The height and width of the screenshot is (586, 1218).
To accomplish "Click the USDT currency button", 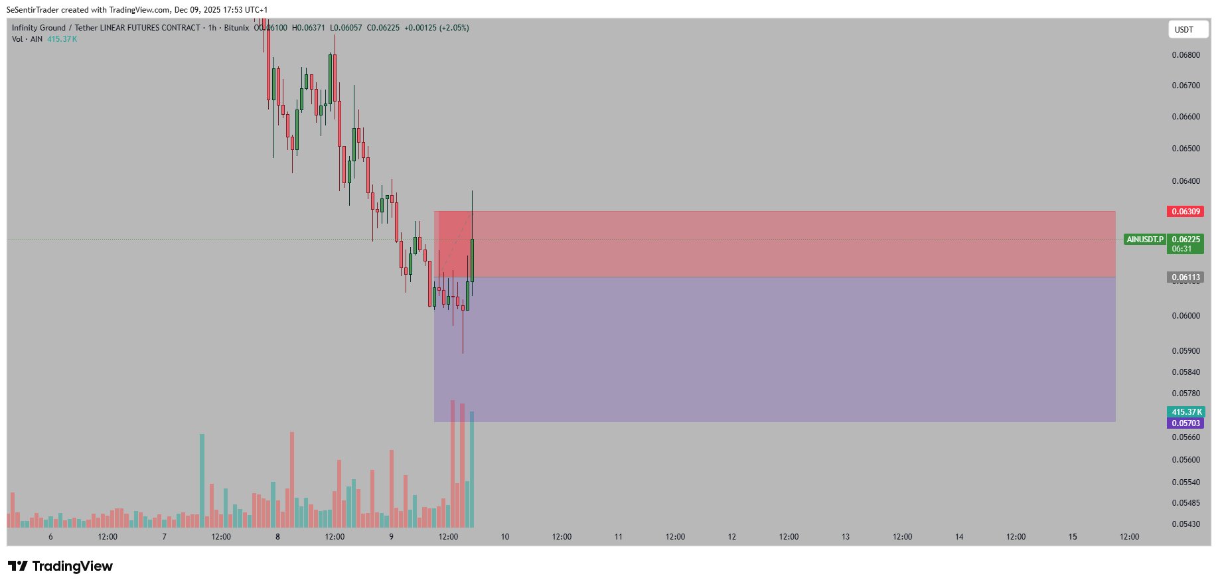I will [x=1187, y=29].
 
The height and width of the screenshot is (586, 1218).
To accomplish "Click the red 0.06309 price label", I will [x=1185, y=212].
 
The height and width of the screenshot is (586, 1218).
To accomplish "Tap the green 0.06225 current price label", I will [x=1185, y=240].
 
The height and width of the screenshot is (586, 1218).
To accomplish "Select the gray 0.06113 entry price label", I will [x=1185, y=277].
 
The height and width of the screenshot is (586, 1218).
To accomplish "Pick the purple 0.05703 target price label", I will [x=1185, y=423].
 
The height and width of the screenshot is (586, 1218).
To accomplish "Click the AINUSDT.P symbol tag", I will [x=1145, y=240].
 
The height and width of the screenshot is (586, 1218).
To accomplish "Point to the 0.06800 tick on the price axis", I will [x=1185, y=55].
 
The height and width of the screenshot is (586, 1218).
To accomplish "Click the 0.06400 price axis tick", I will [x=1185, y=181].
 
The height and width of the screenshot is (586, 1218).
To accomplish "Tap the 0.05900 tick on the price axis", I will [x=1185, y=351].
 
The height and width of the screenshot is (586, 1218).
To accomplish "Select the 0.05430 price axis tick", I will [x=1185, y=524].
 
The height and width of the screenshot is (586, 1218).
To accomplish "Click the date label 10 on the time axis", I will [x=505, y=537].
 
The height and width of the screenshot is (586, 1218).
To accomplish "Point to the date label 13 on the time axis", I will [x=846, y=537].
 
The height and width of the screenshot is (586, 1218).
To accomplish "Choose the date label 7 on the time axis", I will [x=164, y=537].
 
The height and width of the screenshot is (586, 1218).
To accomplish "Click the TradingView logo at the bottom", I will [x=60, y=566].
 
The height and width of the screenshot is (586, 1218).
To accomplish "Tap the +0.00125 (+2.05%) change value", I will [x=437, y=28].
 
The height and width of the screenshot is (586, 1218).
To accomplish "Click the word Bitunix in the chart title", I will [x=236, y=28].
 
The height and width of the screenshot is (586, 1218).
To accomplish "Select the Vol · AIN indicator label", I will [x=27, y=39].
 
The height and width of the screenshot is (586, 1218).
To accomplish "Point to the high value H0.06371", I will [x=309, y=28].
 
